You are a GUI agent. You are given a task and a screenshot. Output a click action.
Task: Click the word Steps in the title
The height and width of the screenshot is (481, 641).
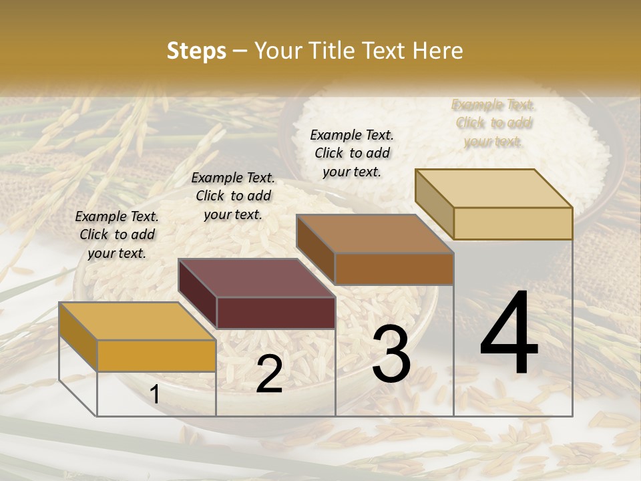pyautogui.click(x=196, y=51)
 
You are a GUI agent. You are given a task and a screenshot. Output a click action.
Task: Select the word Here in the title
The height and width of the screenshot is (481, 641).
pyautogui.click(x=438, y=51)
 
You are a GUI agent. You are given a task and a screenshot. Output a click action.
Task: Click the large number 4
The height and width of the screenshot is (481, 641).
pyautogui.click(x=509, y=335)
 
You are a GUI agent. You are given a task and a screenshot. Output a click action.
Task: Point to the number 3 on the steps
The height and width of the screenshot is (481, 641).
pyautogui.click(x=391, y=355)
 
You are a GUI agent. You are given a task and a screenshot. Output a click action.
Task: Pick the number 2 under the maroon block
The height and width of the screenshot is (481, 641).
pyautogui.click(x=269, y=374)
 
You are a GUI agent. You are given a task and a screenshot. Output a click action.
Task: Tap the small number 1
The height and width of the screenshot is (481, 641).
pyautogui.click(x=155, y=395)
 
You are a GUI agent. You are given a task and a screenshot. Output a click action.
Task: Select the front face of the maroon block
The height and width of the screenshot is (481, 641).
pyautogui.click(x=276, y=313)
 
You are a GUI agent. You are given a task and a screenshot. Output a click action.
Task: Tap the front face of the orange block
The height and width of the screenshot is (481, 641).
pyautogui.click(x=156, y=355)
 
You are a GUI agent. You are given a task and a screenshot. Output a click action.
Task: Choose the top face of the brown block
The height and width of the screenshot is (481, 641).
pyautogui.click(x=375, y=234)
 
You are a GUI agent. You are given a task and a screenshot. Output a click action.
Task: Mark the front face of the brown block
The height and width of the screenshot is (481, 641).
pyautogui.click(x=394, y=269)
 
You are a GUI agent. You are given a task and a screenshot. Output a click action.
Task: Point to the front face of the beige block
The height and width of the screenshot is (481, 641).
pyautogui.click(x=513, y=223)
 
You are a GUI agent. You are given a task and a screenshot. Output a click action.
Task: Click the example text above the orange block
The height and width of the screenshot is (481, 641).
pyautogui.click(x=117, y=235)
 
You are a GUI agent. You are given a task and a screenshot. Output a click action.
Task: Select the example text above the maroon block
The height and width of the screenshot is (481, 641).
pyautogui.click(x=233, y=196)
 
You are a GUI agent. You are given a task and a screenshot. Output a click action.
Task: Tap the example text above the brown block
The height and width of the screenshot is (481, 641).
pyautogui.click(x=352, y=153)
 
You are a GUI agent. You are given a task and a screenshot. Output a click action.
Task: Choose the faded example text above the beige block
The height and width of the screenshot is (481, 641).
pyautogui.click(x=493, y=123)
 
